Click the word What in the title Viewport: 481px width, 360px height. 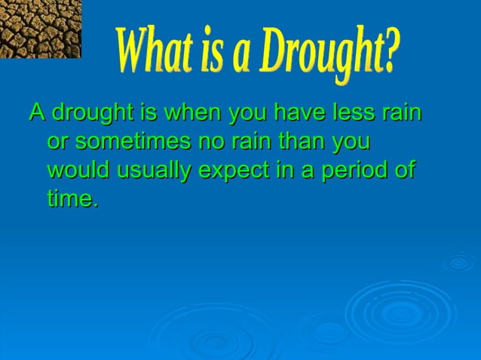tap(148, 53)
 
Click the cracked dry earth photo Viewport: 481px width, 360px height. tap(40, 29)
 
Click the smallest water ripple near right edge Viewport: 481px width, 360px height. tap(458, 262)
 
